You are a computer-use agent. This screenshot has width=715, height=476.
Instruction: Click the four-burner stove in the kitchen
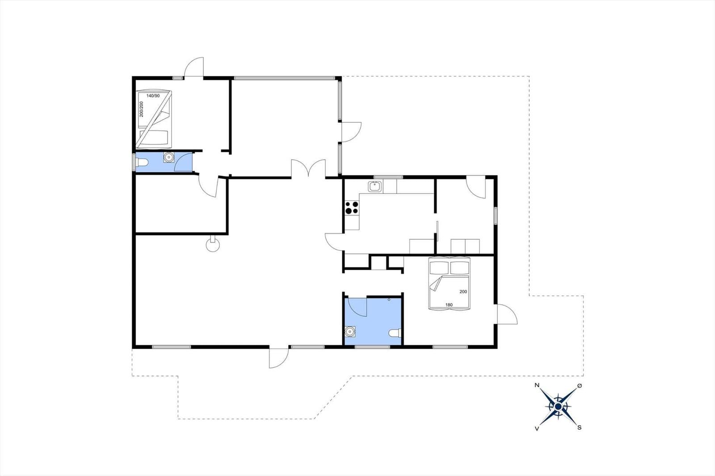[x=352, y=208]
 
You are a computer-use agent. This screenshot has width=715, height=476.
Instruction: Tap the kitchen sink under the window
[x=374, y=187]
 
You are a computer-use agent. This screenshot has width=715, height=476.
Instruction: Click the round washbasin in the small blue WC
[x=168, y=158]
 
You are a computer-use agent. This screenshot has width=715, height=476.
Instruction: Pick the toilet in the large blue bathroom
[x=395, y=333]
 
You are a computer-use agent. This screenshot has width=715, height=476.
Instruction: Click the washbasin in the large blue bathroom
[x=350, y=331]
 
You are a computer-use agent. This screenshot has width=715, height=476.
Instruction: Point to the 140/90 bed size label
[x=153, y=96]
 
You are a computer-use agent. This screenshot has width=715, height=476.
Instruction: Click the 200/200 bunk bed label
[x=142, y=109]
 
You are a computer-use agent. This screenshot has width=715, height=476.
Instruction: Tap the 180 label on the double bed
[x=449, y=305]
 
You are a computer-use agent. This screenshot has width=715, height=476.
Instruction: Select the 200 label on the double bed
[x=463, y=292]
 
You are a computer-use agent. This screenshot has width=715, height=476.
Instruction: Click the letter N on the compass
[x=537, y=385]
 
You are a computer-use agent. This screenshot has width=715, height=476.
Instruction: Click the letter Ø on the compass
[x=580, y=385]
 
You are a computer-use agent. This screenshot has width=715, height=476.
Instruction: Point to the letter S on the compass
[x=580, y=427]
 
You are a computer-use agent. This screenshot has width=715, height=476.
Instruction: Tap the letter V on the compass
[x=537, y=428]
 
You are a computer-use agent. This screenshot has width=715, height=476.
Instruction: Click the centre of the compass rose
[x=558, y=406]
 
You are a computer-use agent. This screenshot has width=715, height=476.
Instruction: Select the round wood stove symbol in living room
[x=213, y=245]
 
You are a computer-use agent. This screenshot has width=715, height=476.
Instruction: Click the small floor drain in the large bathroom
[x=389, y=299]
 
